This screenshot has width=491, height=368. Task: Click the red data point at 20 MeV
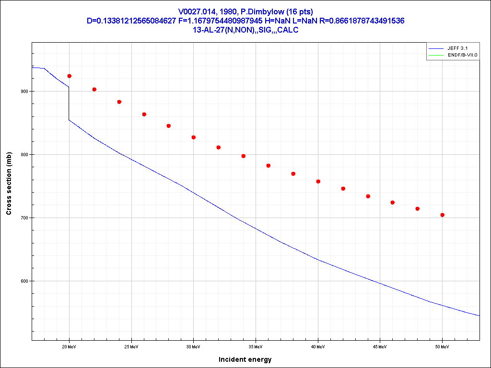pyautogui.click(x=69, y=76)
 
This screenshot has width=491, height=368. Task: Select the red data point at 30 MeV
pyautogui.click(x=193, y=137)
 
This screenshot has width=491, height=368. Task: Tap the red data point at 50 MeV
pyautogui.click(x=442, y=215)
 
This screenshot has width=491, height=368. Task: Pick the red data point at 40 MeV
pyautogui.click(x=318, y=181)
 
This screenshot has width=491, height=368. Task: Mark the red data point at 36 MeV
pyautogui.click(x=268, y=165)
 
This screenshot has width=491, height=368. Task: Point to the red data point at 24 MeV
pyautogui.click(x=119, y=102)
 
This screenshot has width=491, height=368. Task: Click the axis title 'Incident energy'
pyautogui.click(x=245, y=359)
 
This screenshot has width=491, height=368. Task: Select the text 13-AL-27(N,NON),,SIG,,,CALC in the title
pyautogui.click(x=245, y=30)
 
